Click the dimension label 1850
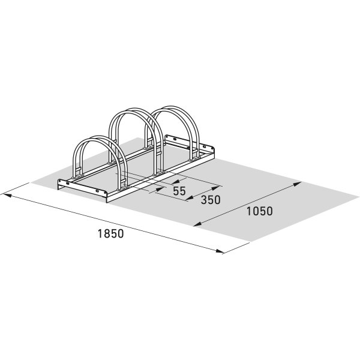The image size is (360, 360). tap(110, 233)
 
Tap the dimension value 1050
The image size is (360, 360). tap(260, 211)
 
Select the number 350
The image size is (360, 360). tap(211, 200)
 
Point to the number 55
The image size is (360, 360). tap(179, 191)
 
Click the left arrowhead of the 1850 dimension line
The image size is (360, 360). tap(6, 196)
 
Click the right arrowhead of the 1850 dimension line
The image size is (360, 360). tap(219, 251)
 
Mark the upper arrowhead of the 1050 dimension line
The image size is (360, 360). tap(297, 184)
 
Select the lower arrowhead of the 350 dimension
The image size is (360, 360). tap(190, 198)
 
